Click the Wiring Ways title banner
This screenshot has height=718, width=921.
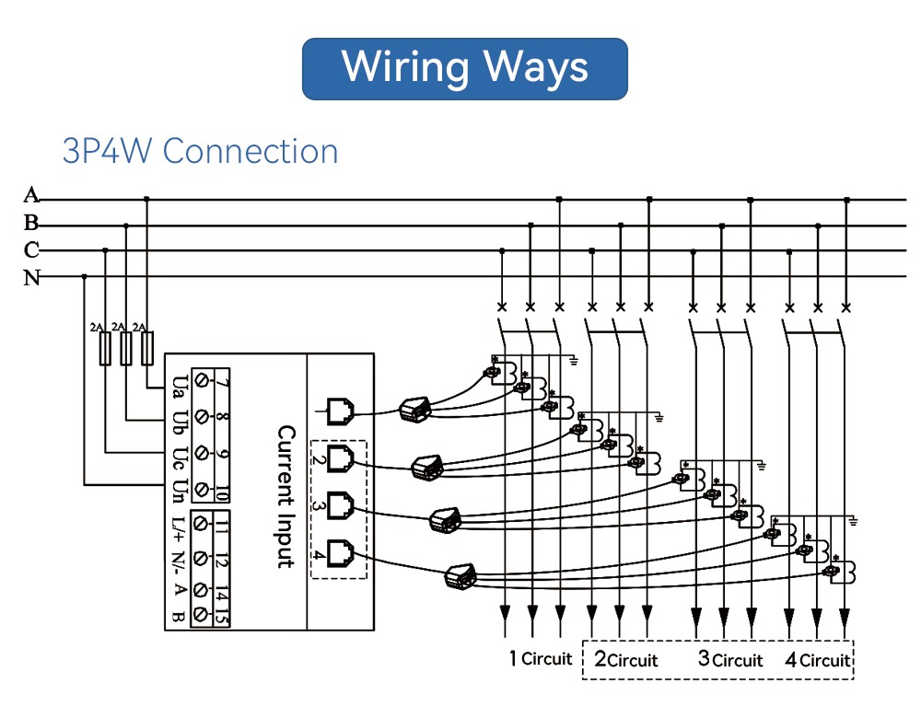tap(464, 69)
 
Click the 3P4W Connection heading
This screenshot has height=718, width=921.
tap(200, 151)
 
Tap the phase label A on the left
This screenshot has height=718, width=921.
tap(31, 194)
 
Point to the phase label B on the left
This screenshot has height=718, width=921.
tap(31, 223)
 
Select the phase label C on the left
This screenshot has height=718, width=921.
tap(31, 249)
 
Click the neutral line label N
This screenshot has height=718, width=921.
tap(31, 277)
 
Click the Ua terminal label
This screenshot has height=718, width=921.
tap(178, 387)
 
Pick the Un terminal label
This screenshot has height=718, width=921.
tap(178, 491)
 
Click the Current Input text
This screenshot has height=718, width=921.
tap(286, 496)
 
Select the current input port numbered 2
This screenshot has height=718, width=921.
tap(340, 458)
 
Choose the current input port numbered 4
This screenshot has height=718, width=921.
tap(340, 553)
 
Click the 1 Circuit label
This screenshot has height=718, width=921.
tap(541, 659)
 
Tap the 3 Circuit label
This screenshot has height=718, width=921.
tap(730, 659)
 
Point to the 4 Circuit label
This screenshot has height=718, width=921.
tap(818, 660)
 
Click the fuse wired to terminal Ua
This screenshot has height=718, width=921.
tap(146, 348)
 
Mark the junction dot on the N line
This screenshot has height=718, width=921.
tap(84, 276)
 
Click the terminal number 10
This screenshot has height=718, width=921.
tap(222, 491)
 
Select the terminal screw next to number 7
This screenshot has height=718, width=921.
tap(202, 380)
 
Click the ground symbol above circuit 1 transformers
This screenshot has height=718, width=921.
tap(574, 361)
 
